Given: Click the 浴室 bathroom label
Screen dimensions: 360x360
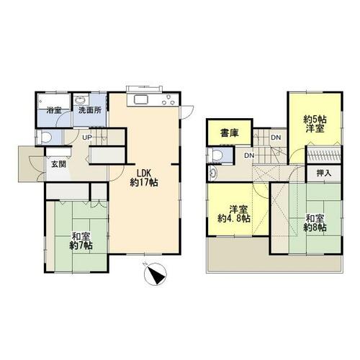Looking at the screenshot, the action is tap(54, 110).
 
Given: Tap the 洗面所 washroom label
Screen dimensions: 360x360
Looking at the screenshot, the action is tap(90, 110).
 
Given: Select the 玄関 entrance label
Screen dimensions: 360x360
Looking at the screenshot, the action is tap(59, 164).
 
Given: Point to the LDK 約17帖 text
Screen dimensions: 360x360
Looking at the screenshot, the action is tap(144, 178).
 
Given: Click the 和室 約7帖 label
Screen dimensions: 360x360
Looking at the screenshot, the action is tap(81, 241).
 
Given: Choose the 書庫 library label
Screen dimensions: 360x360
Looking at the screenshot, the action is tap(230, 133).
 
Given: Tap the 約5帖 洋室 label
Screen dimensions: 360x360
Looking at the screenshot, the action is tap(315, 124).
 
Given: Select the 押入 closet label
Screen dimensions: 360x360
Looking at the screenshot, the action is tap(324, 173).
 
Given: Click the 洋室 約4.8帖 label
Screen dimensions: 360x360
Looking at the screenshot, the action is tap(234, 214).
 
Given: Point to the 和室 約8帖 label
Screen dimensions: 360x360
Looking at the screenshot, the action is tap(315, 223).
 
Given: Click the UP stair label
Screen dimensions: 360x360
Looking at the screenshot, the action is tap(87, 138).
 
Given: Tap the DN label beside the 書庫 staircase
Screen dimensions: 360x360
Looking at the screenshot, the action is tap(276, 138).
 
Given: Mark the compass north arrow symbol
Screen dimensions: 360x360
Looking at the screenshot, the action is tap(156, 274).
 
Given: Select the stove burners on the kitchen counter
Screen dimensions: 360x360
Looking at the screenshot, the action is tap(168, 99).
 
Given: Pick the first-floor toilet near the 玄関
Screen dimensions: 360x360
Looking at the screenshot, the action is tap(45, 138).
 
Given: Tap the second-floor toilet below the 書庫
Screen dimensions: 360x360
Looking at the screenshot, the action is tap(217, 155).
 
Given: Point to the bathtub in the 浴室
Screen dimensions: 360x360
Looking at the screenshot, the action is tap(54, 102).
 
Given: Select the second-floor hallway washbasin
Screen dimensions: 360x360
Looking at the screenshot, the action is tap(213, 173).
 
